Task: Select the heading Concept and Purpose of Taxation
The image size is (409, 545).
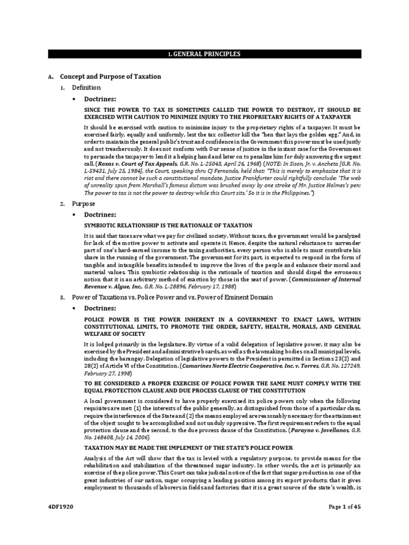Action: coord(110,77)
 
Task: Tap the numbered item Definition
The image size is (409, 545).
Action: coord(86,87)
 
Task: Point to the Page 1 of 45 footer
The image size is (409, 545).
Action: coord(341,522)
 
